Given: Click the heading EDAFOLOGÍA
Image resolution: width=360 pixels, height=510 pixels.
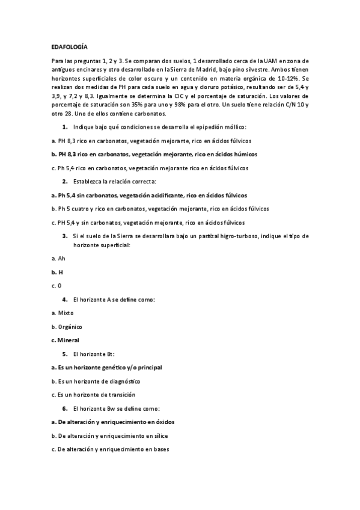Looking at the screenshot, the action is pyautogui.click(x=70, y=46).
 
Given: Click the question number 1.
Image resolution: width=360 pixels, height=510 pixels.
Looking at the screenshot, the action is pyautogui.click(x=65, y=127).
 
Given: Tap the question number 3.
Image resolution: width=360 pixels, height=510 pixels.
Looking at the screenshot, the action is pyautogui.click(x=65, y=236).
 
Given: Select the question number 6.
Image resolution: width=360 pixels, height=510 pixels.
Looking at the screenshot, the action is pyautogui.click(x=65, y=408).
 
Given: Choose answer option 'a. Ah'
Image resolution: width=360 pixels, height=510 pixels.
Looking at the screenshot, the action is pyautogui.click(x=58, y=258).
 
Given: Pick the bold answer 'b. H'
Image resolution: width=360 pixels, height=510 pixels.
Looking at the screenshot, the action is pyautogui.click(x=58, y=272).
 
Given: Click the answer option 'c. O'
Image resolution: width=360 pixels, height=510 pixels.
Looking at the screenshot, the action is pyautogui.click(x=57, y=285).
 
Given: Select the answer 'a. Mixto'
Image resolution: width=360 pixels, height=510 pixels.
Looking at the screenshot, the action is pyautogui.click(x=63, y=313).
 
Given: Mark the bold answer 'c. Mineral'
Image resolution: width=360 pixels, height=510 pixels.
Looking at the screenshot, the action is pyautogui.click(x=67, y=340).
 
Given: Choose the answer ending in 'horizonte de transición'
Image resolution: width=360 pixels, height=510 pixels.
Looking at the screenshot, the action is pyautogui.click(x=93, y=395).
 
